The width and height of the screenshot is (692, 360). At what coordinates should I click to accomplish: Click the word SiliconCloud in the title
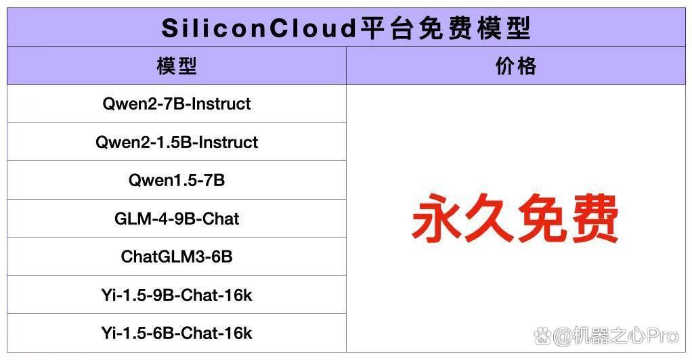pos(259,28)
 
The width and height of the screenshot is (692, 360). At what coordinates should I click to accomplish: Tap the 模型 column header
pos(177,66)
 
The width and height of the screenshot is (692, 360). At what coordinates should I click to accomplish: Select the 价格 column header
pos(516,66)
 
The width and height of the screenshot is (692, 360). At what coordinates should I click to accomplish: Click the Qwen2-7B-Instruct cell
pos(177,104)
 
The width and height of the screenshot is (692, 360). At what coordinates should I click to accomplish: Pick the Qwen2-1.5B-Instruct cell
pos(177,142)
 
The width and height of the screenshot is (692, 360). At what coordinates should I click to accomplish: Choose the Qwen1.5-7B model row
pos(177,180)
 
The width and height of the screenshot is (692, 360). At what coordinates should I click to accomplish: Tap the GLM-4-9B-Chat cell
pos(177,219)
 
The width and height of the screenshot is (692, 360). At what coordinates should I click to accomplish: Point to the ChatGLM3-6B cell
pos(177,256)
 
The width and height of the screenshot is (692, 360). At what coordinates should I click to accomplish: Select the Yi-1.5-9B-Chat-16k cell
pos(177,295)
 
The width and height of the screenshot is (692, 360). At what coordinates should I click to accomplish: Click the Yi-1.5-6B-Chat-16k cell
pos(177,333)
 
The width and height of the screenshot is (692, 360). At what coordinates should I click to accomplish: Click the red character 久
pos(489,218)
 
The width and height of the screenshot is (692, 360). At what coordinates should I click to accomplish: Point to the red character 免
pos(541,218)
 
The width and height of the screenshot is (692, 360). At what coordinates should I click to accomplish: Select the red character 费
pos(593,218)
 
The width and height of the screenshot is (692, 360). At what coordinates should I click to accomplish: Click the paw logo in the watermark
pos(542,336)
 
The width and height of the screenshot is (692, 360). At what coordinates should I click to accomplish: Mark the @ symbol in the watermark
pos(562,336)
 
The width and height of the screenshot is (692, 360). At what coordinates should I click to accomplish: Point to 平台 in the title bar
pos(387,28)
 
